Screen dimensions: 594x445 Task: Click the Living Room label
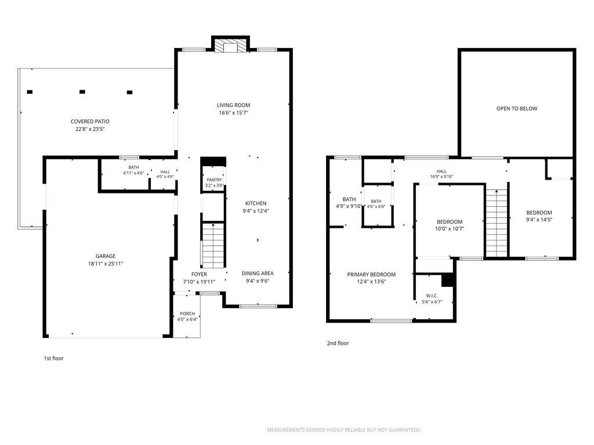coord(233,105)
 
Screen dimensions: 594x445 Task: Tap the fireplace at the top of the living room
coord(230,46)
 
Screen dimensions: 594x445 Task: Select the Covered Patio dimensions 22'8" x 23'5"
coord(90,129)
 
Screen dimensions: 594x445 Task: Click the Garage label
coord(106,256)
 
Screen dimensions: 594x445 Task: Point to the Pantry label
coord(215,180)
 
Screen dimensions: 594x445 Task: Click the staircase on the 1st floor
coord(213,246)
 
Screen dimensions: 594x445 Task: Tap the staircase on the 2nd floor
coord(497,223)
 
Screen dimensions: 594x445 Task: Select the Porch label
coord(187,313)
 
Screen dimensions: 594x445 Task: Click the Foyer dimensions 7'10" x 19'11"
coord(200,282)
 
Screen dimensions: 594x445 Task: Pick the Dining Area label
coord(258,273)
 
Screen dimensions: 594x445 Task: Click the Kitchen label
coord(256,203)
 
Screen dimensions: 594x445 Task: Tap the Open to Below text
coord(517,108)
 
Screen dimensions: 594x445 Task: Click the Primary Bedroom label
coord(371,274)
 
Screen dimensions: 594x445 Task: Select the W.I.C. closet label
coord(432,296)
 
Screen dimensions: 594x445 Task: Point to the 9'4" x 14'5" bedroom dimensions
coord(539,220)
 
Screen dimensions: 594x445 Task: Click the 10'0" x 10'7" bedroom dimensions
coord(450,228)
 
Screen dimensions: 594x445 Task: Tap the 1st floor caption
coord(54,358)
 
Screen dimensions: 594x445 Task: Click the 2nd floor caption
coord(338,343)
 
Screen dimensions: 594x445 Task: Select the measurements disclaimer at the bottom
coord(344,430)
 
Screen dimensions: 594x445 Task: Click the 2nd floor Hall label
coord(441,172)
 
